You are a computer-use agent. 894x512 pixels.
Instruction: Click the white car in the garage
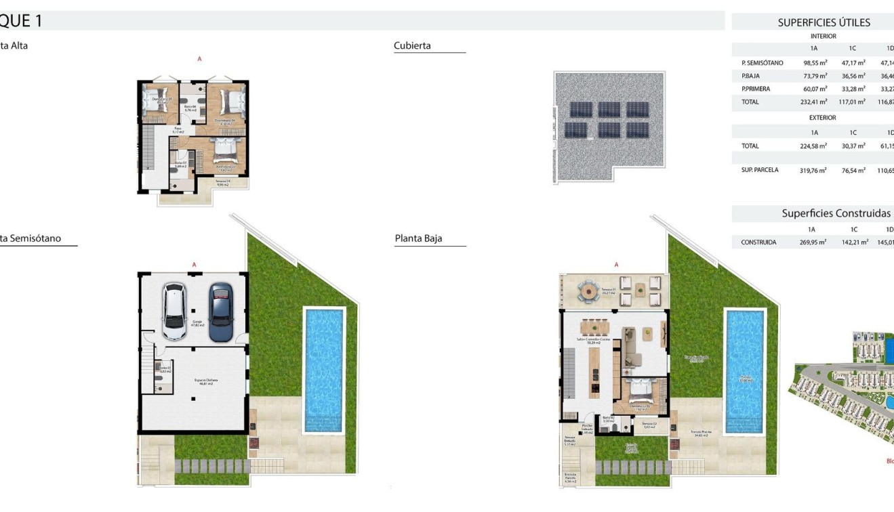coord(174,311)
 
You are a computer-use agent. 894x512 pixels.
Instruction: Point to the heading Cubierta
coord(412,46)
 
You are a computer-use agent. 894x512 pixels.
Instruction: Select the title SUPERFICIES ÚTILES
coord(824,22)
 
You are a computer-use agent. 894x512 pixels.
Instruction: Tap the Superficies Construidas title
coord(836,213)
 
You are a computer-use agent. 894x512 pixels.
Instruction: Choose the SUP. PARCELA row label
coord(760,171)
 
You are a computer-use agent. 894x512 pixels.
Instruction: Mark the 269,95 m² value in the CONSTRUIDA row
coord(813,242)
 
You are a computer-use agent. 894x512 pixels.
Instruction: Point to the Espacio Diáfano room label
coord(194,383)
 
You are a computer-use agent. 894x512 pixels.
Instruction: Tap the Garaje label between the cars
coord(197,323)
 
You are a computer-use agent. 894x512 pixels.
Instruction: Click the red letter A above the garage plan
coord(194,265)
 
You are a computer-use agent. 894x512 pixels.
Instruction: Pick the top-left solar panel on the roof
coord(581,110)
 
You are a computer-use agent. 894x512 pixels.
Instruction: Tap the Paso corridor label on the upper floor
coord(178,129)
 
